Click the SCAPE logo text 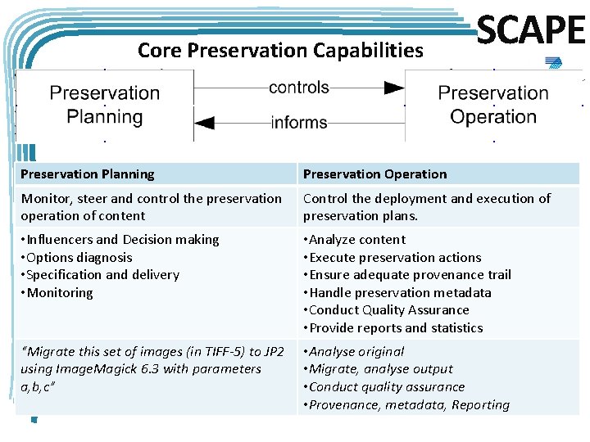tap(530, 32)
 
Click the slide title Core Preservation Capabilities tap(280, 51)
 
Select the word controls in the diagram tap(298, 88)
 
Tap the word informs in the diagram tap(299, 123)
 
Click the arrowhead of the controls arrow tap(394, 88)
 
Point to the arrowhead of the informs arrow tap(204, 123)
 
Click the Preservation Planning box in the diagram tap(105, 105)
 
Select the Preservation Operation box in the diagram tap(492, 105)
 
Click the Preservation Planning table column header tap(88, 174)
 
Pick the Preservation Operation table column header tap(374, 174)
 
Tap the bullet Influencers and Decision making tap(120, 240)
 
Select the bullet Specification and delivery tap(100, 275)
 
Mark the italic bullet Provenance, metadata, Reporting tap(406, 404)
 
